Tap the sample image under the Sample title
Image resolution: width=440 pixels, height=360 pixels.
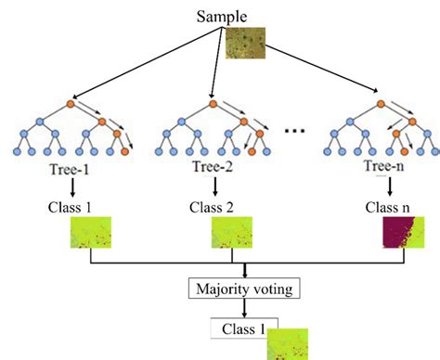point(246,44)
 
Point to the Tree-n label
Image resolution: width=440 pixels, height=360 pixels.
point(361,168)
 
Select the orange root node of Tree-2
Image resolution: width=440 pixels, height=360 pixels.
point(214,103)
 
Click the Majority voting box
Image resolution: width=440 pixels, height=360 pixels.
point(244,289)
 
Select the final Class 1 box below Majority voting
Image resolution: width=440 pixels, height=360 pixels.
point(239,328)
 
